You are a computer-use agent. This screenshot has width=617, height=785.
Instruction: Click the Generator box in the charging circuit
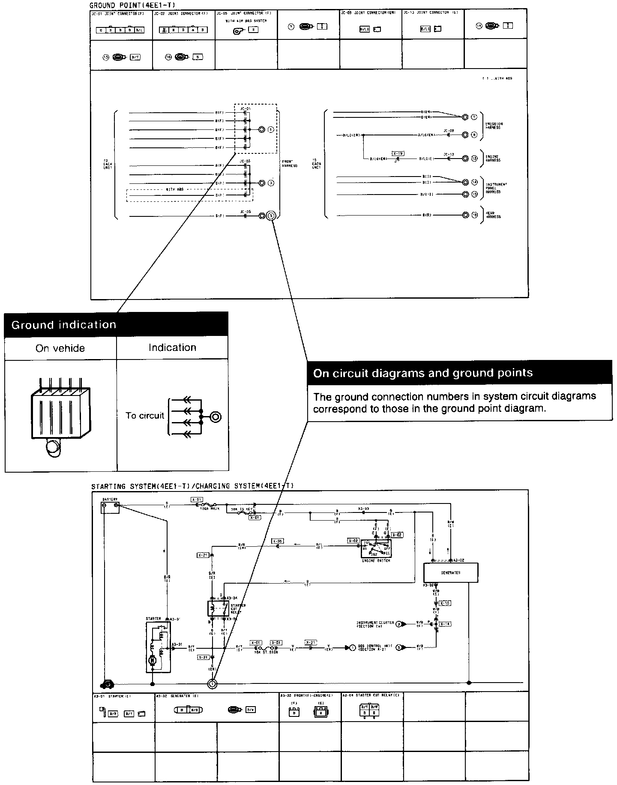coord(450,572)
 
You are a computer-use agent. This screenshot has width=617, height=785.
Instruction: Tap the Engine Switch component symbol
coord(376,548)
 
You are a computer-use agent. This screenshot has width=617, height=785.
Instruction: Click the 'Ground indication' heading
coord(64,325)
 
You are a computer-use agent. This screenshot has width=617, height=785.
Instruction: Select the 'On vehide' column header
coord(60,348)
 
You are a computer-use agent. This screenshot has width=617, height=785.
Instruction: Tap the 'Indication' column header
coord(172,348)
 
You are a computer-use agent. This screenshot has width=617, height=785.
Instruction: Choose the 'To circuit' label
coord(145,416)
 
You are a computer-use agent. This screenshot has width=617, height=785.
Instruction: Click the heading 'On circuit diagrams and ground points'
coord(423,373)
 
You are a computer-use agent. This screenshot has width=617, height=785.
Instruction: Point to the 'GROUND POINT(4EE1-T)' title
coord(132,5)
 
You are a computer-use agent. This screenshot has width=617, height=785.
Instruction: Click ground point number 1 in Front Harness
coord(270,129)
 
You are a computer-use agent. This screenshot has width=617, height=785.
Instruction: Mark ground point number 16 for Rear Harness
coord(474,215)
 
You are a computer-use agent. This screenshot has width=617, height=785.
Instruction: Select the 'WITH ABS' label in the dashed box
coord(174,189)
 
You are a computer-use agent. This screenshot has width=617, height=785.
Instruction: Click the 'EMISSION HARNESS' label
coord(494,126)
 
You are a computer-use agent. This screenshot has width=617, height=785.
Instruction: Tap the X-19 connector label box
coord(398,153)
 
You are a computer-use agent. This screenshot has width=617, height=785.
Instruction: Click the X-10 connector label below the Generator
coord(445,603)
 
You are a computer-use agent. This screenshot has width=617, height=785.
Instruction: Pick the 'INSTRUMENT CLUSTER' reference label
coord(375,624)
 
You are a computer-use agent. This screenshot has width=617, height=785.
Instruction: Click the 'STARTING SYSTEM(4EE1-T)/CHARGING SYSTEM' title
coord(192,486)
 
